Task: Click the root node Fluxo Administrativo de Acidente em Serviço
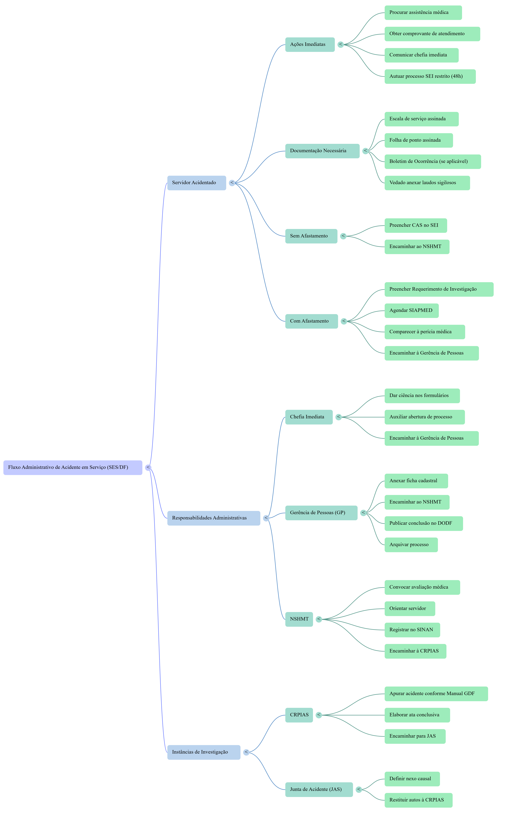point(73,467)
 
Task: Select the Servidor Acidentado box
point(196,183)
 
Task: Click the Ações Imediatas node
point(310,45)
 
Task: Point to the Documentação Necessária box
point(322,151)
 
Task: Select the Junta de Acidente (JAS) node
point(319,790)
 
